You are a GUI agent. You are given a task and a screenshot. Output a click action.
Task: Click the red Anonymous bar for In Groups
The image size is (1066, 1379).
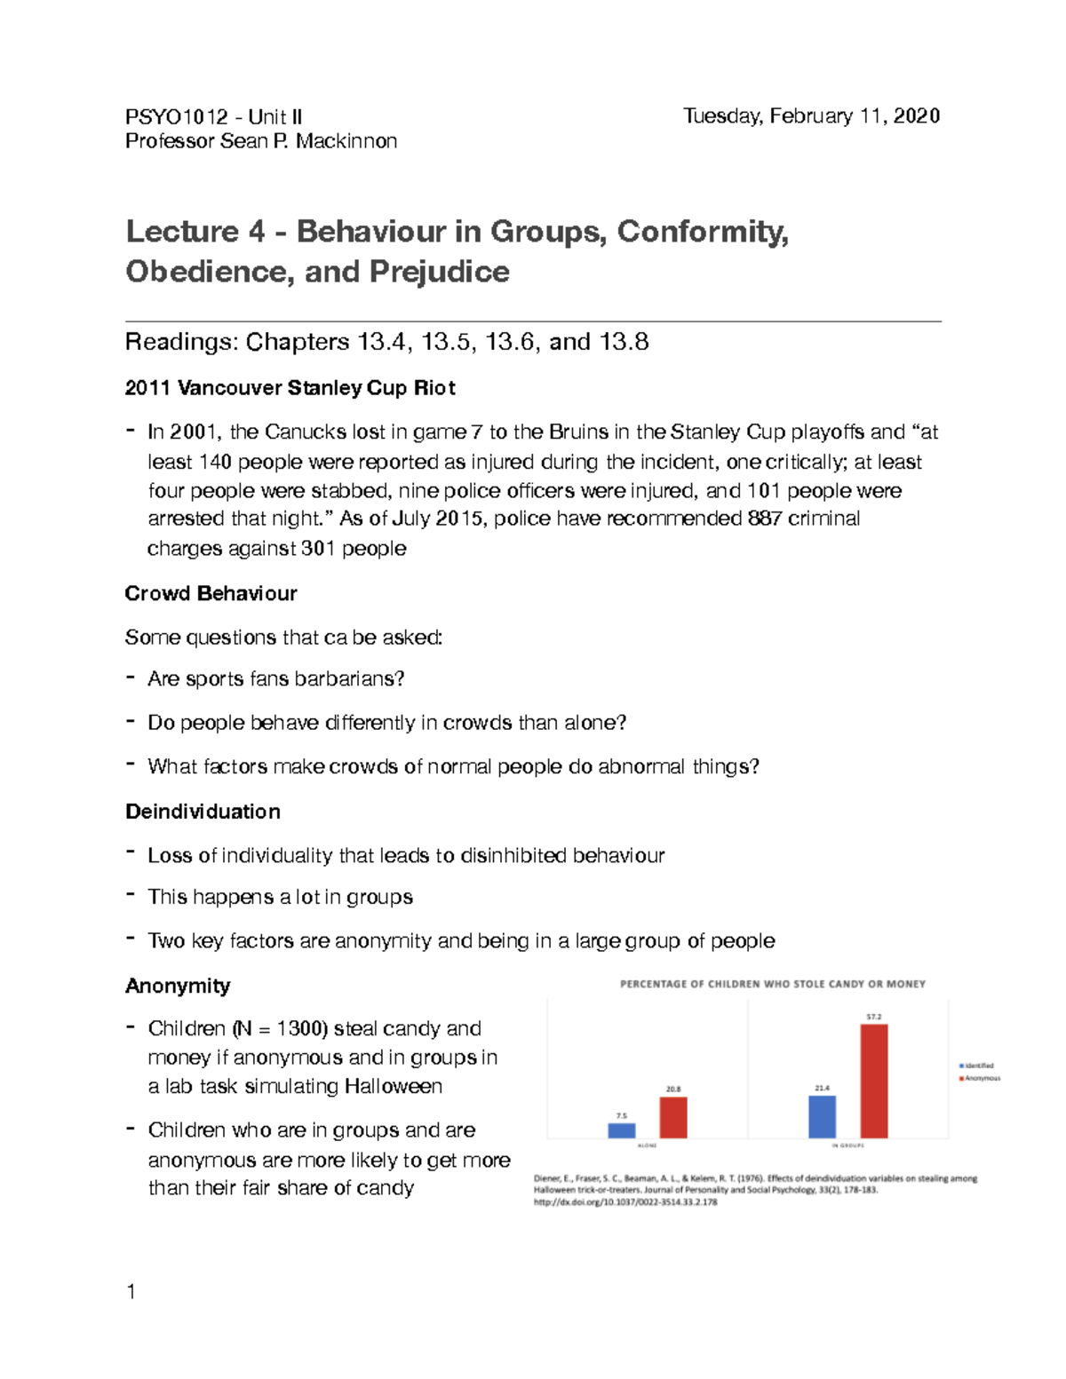(874, 1081)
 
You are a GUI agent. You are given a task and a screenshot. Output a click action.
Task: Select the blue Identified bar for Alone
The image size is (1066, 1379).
(622, 1130)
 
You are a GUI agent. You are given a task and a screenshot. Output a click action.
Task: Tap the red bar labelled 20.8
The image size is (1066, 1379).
(673, 1117)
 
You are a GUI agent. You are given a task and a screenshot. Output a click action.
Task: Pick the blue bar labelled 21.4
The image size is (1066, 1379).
(822, 1116)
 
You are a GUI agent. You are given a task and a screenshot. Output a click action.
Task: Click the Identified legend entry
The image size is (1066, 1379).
(977, 1066)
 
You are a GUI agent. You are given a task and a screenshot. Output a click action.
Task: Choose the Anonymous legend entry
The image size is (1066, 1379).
(980, 1078)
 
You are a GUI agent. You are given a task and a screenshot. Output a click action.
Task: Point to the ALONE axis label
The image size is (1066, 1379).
(648, 1145)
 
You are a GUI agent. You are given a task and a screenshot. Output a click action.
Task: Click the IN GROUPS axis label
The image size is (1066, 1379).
(847, 1145)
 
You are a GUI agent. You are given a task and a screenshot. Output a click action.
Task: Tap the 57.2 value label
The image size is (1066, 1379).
(874, 1017)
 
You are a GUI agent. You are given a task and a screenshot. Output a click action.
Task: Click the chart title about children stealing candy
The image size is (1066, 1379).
(772, 984)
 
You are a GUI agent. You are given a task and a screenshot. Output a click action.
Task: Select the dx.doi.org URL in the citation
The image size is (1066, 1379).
(624, 1202)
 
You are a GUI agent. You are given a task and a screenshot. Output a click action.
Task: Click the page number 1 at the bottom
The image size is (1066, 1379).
(131, 1292)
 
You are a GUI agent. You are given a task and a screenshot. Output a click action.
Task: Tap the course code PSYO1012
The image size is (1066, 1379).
(176, 117)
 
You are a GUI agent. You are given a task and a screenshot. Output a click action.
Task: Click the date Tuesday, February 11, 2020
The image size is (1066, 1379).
(811, 116)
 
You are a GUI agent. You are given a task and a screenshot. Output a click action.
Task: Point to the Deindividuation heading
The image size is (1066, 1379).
(203, 812)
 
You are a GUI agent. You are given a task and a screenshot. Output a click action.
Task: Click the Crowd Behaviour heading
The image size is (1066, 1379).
(211, 593)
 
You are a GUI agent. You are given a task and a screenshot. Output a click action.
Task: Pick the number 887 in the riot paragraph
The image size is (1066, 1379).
(765, 519)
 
